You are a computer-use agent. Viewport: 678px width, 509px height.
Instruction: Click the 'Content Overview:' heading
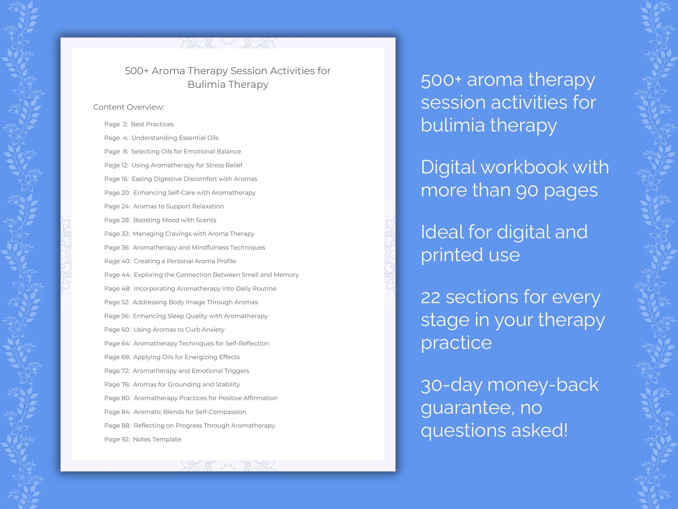(x=129, y=107)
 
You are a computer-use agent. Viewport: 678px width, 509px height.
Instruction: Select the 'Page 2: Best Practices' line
(x=139, y=124)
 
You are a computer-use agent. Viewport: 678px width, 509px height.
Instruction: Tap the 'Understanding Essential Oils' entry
(x=175, y=138)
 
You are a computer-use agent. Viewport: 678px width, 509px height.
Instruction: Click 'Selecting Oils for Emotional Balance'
(x=186, y=151)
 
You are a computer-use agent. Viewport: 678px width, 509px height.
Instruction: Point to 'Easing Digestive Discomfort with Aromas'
(x=194, y=179)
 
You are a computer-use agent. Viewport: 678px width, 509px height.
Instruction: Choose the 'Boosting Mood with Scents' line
(x=175, y=220)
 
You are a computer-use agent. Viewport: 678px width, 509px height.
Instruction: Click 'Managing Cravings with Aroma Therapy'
(x=193, y=234)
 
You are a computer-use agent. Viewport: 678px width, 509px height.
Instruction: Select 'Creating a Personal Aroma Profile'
(x=185, y=261)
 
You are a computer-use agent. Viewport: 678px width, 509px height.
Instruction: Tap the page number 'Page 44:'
(x=117, y=275)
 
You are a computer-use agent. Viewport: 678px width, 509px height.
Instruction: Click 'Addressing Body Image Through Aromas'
(x=195, y=302)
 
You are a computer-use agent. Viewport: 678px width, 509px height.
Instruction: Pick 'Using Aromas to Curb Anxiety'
(x=179, y=329)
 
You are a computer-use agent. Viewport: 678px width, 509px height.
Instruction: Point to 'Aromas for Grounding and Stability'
(x=186, y=384)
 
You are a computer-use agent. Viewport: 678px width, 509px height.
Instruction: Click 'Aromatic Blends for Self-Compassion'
(x=190, y=412)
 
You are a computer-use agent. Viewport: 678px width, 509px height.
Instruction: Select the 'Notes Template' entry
(x=157, y=439)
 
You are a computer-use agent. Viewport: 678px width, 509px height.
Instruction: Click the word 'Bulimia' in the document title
(x=206, y=84)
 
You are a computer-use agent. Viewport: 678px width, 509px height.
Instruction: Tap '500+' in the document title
(x=137, y=71)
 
